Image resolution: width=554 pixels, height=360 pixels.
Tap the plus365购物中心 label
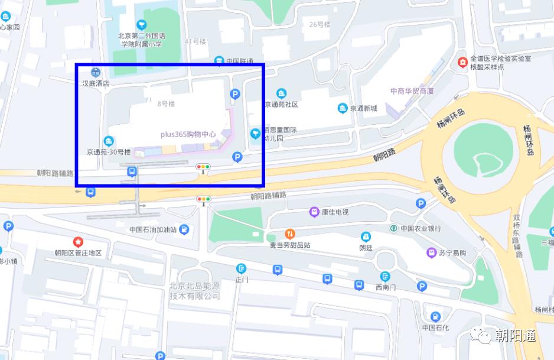point(188,134)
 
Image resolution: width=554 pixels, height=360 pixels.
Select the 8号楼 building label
point(166,104)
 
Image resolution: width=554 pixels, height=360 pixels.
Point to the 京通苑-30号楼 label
point(109,151)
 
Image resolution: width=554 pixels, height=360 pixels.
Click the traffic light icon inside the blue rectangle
point(203,167)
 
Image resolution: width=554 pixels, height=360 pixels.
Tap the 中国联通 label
point(239,61)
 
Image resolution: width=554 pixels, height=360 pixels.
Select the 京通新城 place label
point(363,108)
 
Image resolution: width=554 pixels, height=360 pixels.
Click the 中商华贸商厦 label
point(412,91)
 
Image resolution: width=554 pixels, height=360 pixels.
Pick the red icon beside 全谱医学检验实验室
point(462,62)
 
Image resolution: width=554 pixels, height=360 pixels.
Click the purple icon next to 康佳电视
point(314,212)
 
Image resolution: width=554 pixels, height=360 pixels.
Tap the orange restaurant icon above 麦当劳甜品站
point(289,233)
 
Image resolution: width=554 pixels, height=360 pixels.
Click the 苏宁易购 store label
point(452,253)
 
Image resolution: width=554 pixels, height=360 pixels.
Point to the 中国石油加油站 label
point(153,229)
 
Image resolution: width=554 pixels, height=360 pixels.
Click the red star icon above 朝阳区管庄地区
point(78,242)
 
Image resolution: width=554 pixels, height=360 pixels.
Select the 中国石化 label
point(435,327)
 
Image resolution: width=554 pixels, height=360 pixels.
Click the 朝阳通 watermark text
point(515,336)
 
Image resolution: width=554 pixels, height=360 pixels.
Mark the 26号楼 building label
point(320,24)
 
